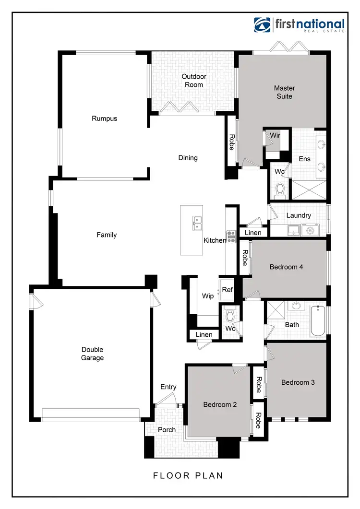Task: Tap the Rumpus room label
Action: click(104, 118)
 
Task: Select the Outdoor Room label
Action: click(193, 81)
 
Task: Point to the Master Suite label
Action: click(284, 92)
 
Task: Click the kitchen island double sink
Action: click(197, 221)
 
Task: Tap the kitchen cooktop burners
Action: click(231, 235)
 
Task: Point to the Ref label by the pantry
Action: click(227, 290)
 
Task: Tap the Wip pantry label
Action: click(208, 296)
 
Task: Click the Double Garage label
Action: click(92, 354)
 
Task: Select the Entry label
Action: click(168, 387)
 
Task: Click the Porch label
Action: click(167, 429)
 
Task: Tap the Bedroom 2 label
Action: click(220, 404)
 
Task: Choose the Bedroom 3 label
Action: click(298, 382)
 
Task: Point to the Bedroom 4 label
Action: click(286, 267)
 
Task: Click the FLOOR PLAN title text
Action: click(188, 475)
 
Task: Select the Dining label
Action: click(188, 158)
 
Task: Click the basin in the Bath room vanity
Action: click(297, 305)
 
